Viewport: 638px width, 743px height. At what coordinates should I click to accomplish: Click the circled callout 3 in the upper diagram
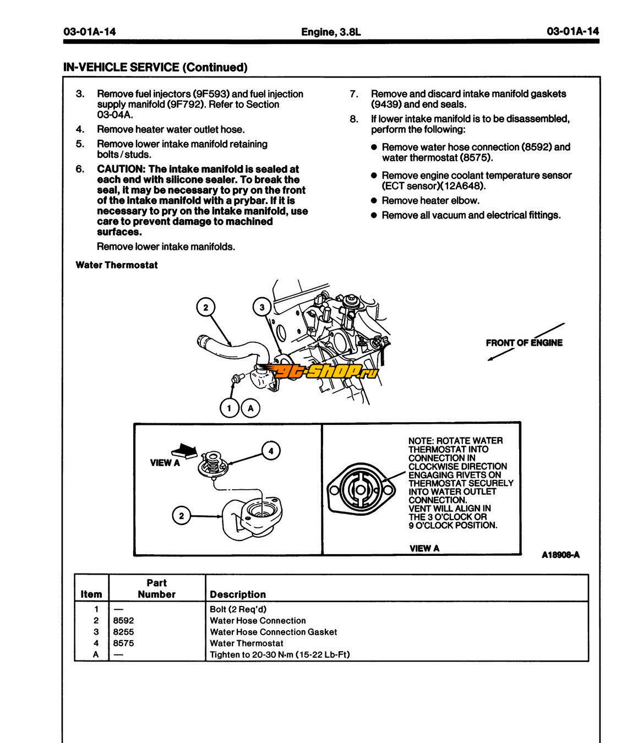point(261,307)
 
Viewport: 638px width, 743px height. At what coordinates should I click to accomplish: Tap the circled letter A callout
point(250,408)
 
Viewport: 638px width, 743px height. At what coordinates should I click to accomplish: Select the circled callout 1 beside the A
point(230,408)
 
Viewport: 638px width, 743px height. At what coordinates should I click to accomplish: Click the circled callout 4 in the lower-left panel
point(271,451)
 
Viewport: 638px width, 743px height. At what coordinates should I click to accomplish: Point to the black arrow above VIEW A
point(184,451)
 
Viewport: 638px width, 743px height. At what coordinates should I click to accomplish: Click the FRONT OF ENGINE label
point(524,342)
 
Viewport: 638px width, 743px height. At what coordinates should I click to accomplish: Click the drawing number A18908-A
point(560,555)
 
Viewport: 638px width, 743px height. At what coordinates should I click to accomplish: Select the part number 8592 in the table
point(123,620)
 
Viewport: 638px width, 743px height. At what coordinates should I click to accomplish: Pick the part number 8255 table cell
point(123,632)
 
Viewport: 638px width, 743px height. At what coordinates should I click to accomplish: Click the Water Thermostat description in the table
point(247,643)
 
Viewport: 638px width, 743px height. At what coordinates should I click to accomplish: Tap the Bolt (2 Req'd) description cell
point(238,609)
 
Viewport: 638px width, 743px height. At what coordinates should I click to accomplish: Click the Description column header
point(238,594)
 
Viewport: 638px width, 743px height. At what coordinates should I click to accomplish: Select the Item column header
point(91,594)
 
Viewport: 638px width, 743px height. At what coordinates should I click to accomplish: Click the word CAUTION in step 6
point(121,169)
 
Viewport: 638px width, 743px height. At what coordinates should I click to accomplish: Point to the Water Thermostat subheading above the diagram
point(117,265)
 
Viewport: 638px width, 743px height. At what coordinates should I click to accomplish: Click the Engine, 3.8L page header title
point(331,32)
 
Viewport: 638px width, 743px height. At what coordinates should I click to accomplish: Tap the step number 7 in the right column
point(354,94)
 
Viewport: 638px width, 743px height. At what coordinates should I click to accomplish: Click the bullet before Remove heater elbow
point(374,200)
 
